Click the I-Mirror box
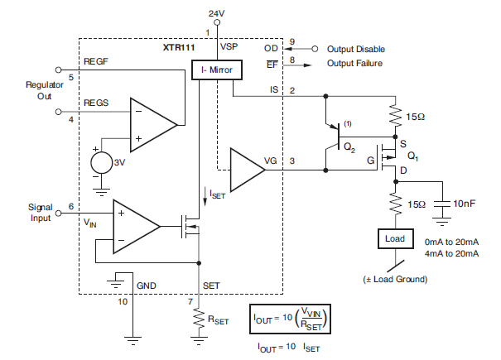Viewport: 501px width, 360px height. (x=216, y=70)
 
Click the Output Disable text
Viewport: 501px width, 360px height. (x=356, y=49)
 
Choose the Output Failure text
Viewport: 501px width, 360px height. (x=356, y=65)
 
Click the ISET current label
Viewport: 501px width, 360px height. (x=218, y=195)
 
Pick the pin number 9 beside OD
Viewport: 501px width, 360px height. (x=292, y=41)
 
